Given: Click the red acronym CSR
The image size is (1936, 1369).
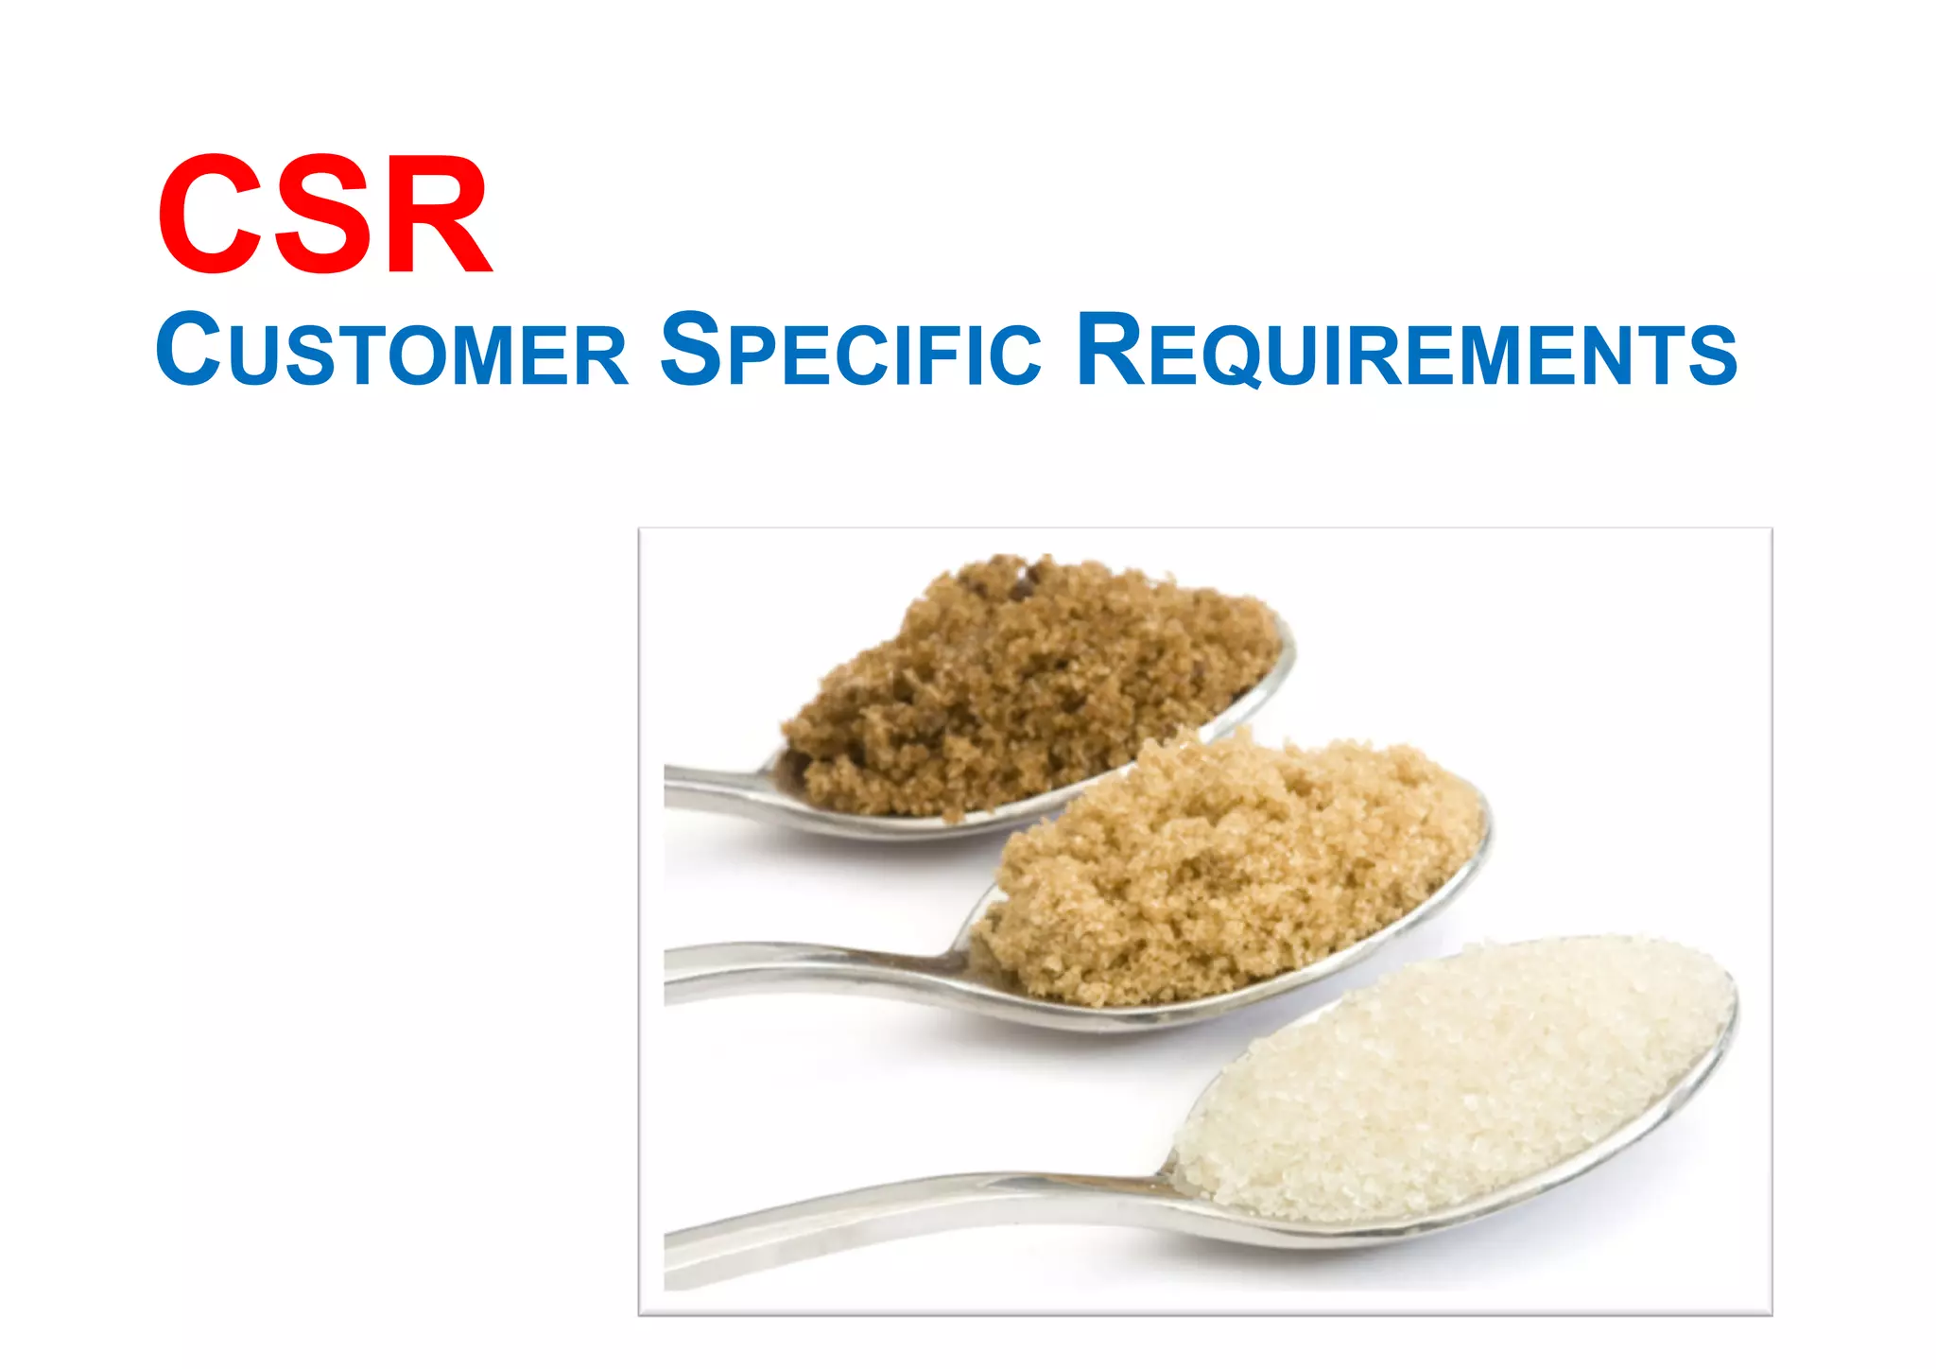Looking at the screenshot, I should (324, 216).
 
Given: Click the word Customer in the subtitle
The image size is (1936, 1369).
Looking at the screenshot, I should (391, 350).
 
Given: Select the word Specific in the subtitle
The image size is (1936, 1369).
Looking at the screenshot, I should (850, 350).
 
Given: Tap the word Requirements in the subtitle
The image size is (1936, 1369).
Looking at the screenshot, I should (1406, 350).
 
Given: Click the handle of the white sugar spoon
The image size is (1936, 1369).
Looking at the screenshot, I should (898, 1215).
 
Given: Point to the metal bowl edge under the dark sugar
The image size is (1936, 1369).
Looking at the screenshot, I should (945, 827).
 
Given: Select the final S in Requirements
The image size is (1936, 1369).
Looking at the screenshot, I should (1712, 355).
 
